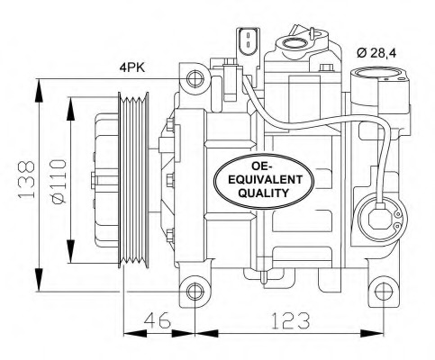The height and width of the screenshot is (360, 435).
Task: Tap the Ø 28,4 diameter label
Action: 376,54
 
